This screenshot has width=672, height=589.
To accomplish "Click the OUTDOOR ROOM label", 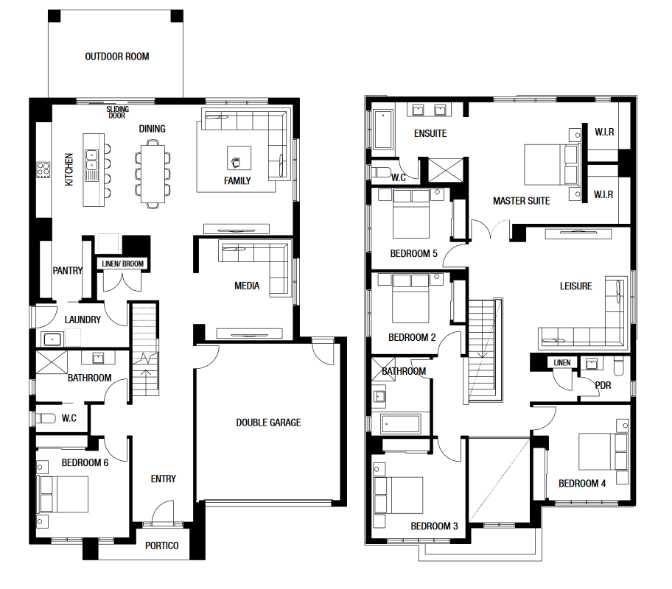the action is pyautogui.click(x=117, y=57).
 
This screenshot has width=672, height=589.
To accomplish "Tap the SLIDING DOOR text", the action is pyautogui.click(x=117, y=112).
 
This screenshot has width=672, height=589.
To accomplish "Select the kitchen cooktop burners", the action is pyautogui.click(x=43, y=169).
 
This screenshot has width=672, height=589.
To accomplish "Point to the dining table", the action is pyautogui.click(x=153, y=174).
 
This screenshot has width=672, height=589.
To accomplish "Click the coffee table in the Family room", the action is pyautogui.click(x=239, y=158).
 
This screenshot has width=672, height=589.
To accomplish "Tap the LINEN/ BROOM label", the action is pyautogui.click(x=122, y=264).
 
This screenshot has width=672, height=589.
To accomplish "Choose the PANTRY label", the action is pyautogui.click(x=67, y=271).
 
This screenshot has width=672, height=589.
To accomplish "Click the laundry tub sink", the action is pyautogui.click(x=52, y=339).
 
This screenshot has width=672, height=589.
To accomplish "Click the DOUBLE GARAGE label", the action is pyautogui.click(x=268, y=423).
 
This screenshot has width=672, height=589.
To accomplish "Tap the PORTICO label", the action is pyautogui.click(x=161, y=546).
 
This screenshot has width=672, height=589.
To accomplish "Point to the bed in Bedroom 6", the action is pyautogui.click(x=63, y=494).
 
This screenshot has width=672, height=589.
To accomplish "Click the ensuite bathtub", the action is pyautogui.click(x=383, y=130).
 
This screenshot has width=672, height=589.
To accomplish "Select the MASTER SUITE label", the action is pyautogui.click(x=521, y=201).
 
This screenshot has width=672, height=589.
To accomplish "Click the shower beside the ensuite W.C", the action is pyautogui.click(x=446, y=170).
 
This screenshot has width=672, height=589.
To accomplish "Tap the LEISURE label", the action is pyautogui.click(x=575, y=286).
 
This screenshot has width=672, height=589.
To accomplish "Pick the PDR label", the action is pyautogui.click(x=603, y=386).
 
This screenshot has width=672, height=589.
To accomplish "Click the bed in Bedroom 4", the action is pyautogui.click(x=603, y=451).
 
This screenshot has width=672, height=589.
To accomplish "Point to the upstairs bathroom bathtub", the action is pyautogui.click(x=400, y=424).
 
